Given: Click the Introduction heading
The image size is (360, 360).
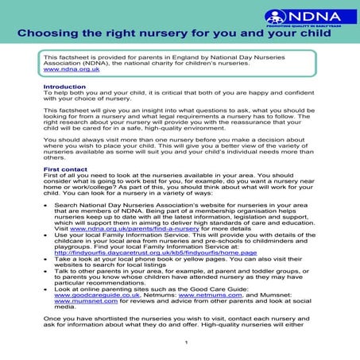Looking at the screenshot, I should coord(65,87).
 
